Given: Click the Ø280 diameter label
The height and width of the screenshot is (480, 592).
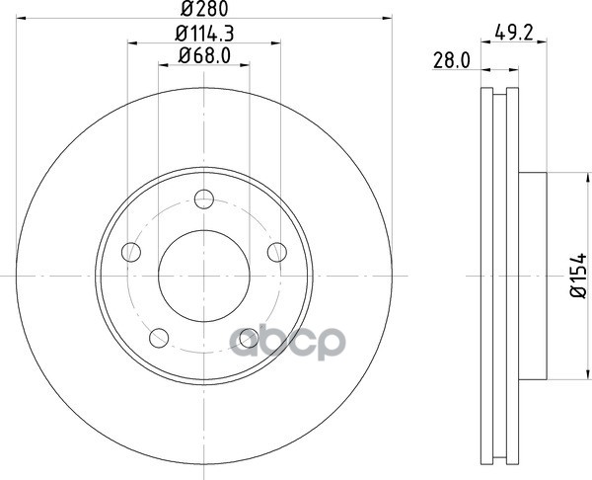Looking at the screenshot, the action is tap(204, 9).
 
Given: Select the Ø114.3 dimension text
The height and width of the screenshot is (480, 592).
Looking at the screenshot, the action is tap(204, 34).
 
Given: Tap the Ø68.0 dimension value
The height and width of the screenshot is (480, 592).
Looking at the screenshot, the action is tap(204, 56).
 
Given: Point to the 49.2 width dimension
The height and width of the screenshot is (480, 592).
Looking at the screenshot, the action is tap(514, 34).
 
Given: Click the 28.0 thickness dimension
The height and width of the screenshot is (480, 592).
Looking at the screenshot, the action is tap(452, 60).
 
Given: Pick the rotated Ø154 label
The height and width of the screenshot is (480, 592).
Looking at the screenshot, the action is tap(578, 276).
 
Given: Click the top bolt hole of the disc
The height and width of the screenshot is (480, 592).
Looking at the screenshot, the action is tap(204, 200).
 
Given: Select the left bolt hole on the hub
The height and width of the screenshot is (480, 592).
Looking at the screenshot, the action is tap(131, 252).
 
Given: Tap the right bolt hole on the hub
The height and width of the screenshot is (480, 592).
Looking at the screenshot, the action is tap(277, 252).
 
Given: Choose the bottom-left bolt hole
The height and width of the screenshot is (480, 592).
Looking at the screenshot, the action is tap(159, 338).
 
